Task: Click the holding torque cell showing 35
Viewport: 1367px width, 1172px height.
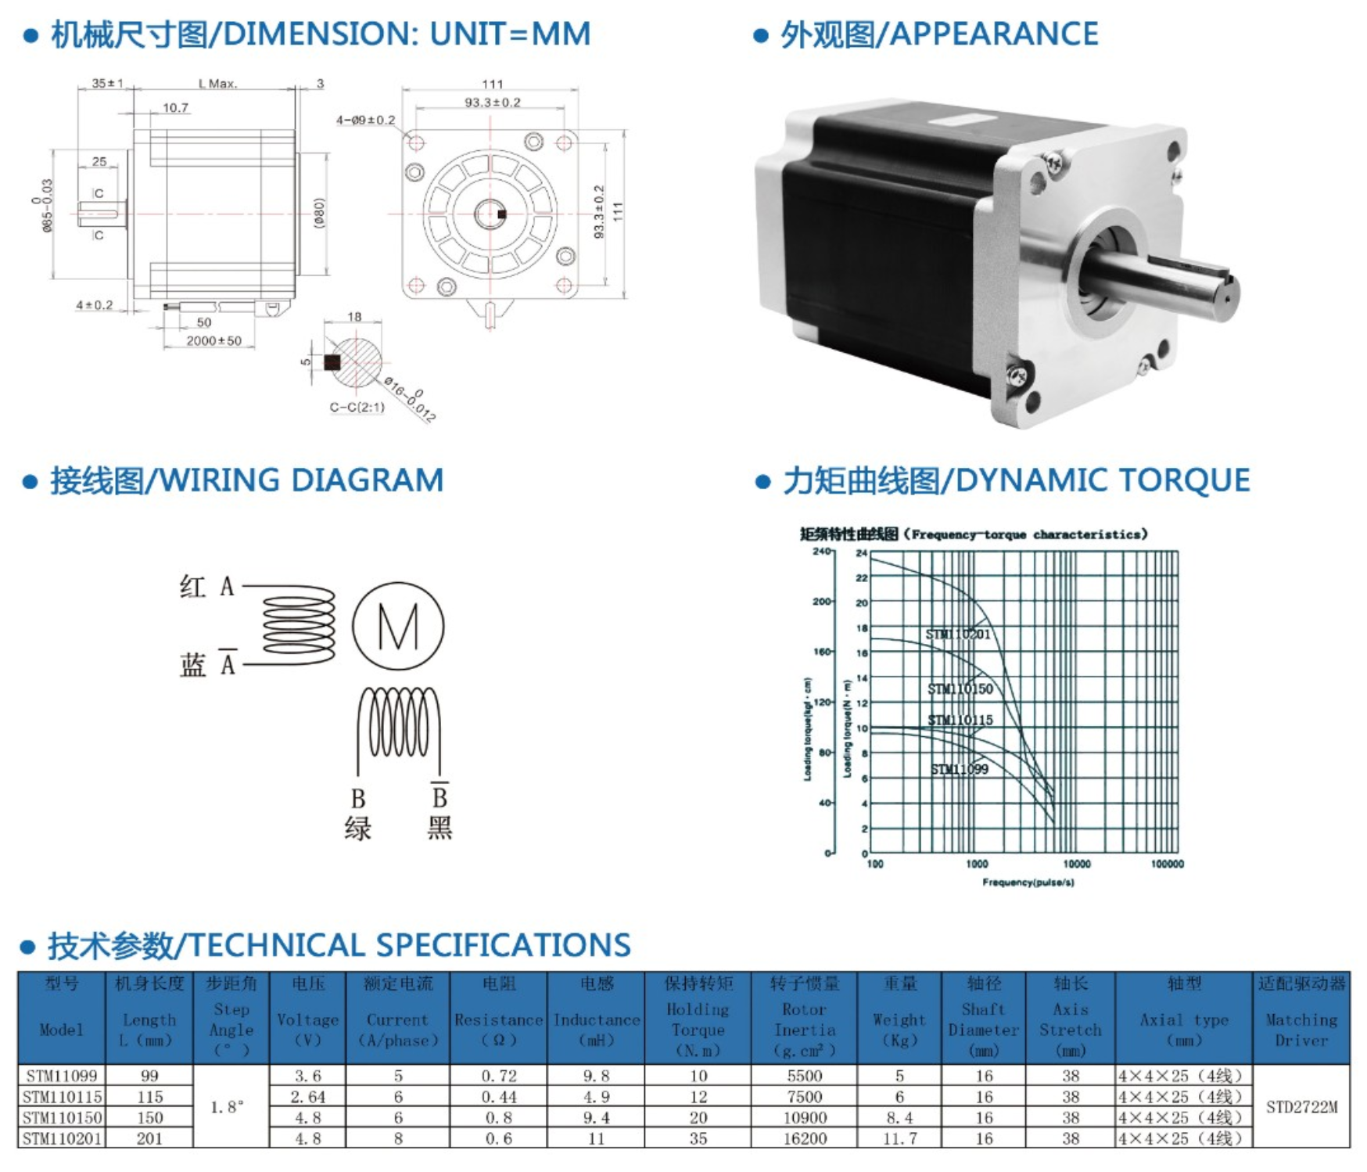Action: point(698,1138)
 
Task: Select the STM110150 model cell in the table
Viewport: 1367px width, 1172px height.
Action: point(62,1118)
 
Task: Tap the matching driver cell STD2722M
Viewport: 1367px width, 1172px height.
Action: point(1301,1107)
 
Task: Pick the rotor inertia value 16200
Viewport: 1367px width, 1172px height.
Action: point(804,1138)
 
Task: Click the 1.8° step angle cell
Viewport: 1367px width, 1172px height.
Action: point(228,1107)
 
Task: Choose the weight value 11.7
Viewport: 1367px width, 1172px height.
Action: point(899,1138)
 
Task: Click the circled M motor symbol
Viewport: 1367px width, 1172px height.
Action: point(398,626)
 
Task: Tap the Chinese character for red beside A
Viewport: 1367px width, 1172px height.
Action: point(192,586)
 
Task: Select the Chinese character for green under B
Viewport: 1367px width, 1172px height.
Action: point(357,829)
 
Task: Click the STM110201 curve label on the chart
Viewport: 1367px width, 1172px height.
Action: point(957,635)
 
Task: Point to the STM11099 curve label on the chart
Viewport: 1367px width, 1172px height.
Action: point(959,769)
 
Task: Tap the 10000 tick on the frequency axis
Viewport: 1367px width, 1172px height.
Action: point(1076,864)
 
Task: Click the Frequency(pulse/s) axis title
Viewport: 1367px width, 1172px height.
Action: point(1028,883)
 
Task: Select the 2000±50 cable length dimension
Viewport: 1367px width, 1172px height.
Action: point(213,341)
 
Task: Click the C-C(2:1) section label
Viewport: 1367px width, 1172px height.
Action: point(357,407)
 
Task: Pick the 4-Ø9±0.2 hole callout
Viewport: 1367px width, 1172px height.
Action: point(365,120)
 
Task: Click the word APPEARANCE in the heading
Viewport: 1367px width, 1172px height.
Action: point(994,34)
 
